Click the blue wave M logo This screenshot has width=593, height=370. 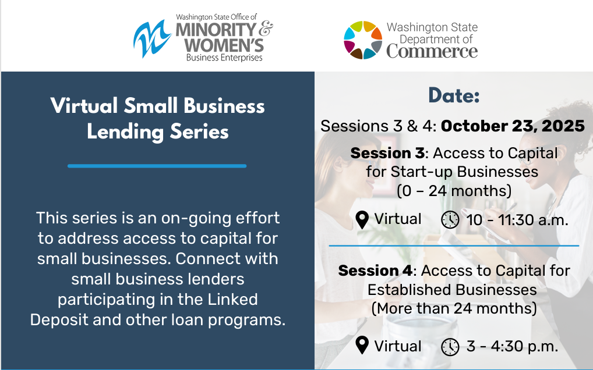pyautogui.click(x=152, y=39)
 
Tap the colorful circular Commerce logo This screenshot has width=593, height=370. pyautogui.click(x=363, y=40)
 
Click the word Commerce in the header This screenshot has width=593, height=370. pyautogui.click(x=432, y=51)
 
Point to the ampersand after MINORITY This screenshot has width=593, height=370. pyautogui.click(x=266, y=29)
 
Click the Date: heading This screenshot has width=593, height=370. pyautogui.click(x=454, y=95)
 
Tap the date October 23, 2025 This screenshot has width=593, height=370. pyautogui.click(x=513, y=126)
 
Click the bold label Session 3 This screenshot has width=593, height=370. pyautogui.click(x=387, y=153)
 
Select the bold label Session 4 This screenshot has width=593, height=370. pyautogui.click(x=375, y=271)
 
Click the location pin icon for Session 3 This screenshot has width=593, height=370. pyautogui.click(x=362, y=220)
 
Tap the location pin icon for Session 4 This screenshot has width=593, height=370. pyautogui.click(x=362, y=345)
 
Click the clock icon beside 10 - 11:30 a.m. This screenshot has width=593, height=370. pyautogui.click(x=450, y=219)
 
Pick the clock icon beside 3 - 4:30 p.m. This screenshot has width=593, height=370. pyautogui.click(x=450, y=346)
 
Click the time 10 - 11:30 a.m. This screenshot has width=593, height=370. pyautogui.click(x=517, y=220)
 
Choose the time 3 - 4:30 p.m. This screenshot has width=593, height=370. pyautogui.click(x=512, y=346)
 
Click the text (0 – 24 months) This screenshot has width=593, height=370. pyautogui.click(x=454, y=191)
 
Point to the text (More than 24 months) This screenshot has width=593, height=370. pyautogui.click(x=454, y=308)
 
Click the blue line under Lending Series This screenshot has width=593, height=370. pyautogui.click(x=157, y=166)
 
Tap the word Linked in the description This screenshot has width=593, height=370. pyautogui.click(x=232, y=300)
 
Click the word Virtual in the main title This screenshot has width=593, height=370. pyautogui.click(x=84, y=105)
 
